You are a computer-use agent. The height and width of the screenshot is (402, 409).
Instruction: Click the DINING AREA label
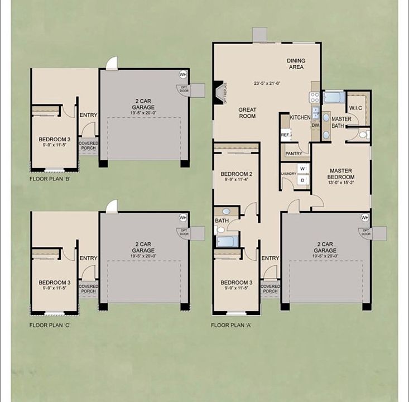coord(295,64)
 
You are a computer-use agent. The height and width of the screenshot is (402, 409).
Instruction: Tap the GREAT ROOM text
coord(247,113)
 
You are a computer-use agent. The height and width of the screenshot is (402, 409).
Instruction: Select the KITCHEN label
coord(300,118)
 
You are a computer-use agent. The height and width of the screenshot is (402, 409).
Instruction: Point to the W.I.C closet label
coord(356,108)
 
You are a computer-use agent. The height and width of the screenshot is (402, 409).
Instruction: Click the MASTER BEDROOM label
coord(340,174)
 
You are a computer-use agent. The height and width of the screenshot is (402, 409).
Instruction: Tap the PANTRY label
coord(293,153)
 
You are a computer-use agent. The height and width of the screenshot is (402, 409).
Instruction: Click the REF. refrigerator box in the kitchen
coord(285,135)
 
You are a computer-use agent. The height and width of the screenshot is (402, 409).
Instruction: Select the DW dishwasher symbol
coord(315,125)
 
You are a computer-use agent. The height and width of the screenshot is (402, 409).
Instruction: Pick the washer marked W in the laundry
coord(302,168)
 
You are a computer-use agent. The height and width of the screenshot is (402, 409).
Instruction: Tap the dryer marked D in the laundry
coord(302,180)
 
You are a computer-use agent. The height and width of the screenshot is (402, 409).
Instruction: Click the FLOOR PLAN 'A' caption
coord(231,324)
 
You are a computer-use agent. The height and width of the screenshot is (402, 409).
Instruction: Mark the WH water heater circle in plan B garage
coord(182,74)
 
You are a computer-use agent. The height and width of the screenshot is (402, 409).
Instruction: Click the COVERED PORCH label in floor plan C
coord(88,289)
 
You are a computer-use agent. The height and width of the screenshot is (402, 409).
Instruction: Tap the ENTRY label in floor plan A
coord(270,258)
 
